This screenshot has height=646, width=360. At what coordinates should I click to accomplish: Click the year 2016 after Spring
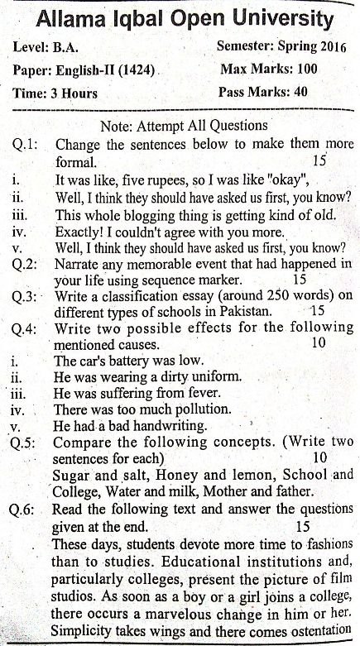pyautogui.click(x=325, y=48)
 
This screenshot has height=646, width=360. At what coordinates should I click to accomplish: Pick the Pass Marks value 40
pyautogui.click(x=300, y=92)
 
